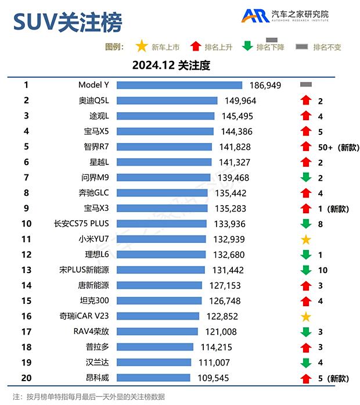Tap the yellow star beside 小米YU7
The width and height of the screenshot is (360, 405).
(306, 239)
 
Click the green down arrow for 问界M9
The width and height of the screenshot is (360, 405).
(306, 177)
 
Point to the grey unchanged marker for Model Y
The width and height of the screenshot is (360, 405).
(306, 85)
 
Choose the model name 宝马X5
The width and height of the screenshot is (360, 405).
(96, 131)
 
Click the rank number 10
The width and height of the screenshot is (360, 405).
(26, 224)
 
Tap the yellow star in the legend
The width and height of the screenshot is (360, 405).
(141, 46)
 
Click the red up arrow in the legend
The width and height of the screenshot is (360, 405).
(195, 46)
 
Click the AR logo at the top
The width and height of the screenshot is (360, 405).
(255, 16)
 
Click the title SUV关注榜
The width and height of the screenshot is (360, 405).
(68, 23)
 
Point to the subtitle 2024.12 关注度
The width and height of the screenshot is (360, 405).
(171, 66)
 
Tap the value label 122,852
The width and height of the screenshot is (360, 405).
(222, 316)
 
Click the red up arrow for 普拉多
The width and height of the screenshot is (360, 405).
(306, 347)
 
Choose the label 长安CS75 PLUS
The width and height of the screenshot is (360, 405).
(81, 224)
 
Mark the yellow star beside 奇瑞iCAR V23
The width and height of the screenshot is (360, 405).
(306, 316)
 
